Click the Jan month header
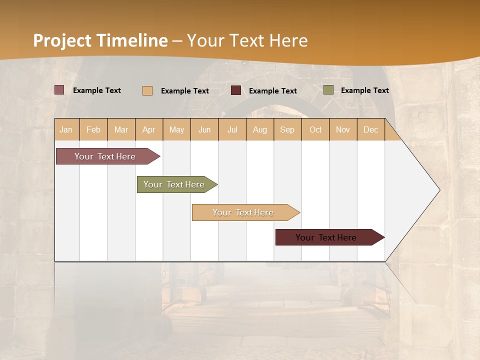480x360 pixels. [x=66, y=129]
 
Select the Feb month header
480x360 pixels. [x=93, y=129]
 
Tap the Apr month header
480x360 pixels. [x=149, y=129]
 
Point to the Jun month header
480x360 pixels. [x=204, y=129]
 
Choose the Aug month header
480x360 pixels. [x=260, y=129]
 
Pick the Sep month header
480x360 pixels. [x=287, y=129]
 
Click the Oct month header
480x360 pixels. [x=315, y=129]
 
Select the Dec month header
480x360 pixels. [x=371, y=129]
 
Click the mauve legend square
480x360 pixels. [x=59, y=90]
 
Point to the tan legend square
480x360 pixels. [x=147, y=90]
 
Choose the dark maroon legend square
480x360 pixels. [x=236, y=90]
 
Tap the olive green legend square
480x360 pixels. [x=328, y=90]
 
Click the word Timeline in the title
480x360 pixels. [x=132, y=40]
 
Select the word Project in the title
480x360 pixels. [x=62, y=40]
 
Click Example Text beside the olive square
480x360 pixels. [x=364, y=90]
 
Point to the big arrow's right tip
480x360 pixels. [x=439, y=190]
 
